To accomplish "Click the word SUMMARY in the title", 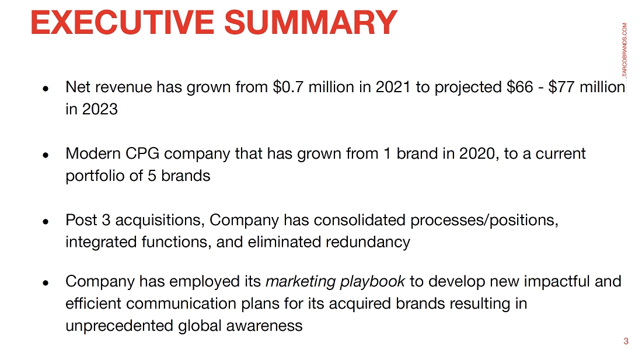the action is tap(310, 22).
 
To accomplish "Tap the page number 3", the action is tap(626, 341).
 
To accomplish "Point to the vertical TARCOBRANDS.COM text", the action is tap(624, 50).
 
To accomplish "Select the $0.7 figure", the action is tap(288, 87).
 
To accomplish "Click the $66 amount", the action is tap(519, 87).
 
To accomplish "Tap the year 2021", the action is tap(393, 87).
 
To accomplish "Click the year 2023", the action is tap(100, 109).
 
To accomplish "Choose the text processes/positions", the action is tap(484, 220).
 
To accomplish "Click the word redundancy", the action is tap(368, 242).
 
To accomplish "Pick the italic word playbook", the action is tap(372, 282).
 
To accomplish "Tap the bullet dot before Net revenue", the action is tap(46, 88).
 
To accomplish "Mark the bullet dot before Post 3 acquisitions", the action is tap(46, 221).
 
